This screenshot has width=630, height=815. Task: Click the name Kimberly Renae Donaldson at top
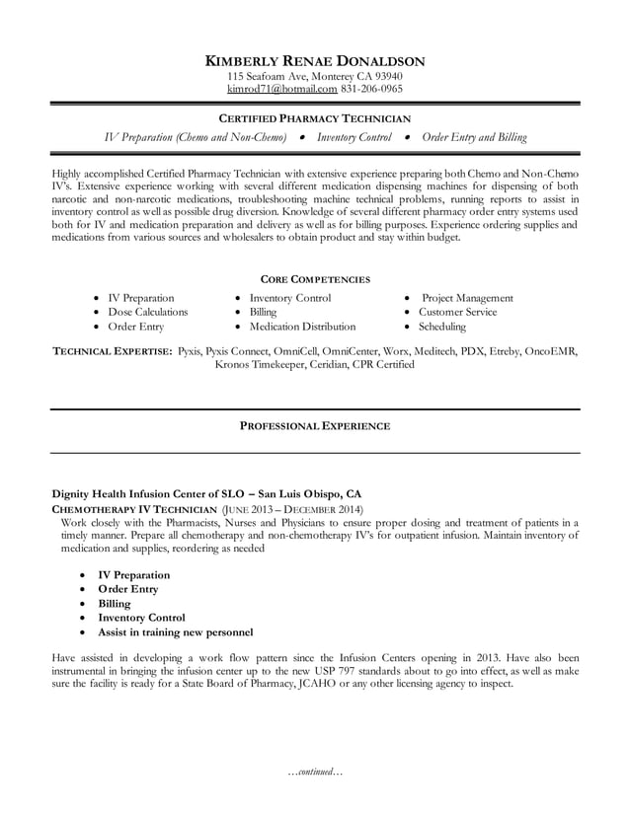tap(314, 60)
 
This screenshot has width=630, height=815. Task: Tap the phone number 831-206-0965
tap(371, 89)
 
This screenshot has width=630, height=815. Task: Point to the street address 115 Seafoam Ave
tap(266, 76)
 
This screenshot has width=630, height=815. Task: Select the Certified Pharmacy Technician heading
tap(314, 118)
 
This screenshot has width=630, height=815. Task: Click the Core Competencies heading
tap(314, 279)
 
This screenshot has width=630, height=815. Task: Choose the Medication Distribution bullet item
tap(302, 327)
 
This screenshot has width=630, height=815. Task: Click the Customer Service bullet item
tap(457, 312)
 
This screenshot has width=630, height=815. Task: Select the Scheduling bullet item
tap(444, 327)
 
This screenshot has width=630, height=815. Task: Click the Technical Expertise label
tap(112, 350)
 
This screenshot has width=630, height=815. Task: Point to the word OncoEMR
tap(551, 350)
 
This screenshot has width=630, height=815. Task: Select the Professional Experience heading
tap(314, 426)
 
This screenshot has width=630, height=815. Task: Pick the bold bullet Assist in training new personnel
tap(175, 631)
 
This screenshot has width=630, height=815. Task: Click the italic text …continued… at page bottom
tap(314, 772)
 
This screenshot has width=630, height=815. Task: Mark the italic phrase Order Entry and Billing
tap(474, 137)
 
